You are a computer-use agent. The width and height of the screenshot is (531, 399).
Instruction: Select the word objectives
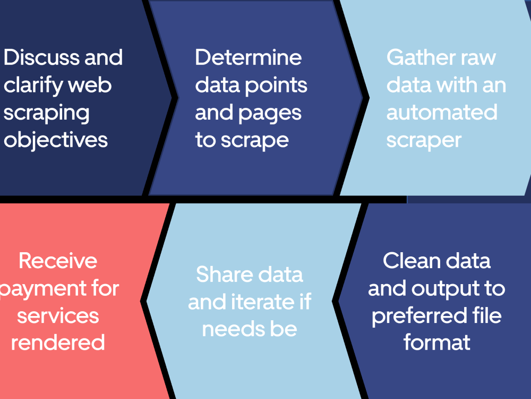[56, 140]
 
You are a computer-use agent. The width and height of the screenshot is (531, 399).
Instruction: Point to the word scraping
[47, 113]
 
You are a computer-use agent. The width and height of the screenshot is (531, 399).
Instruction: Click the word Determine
[249, 57]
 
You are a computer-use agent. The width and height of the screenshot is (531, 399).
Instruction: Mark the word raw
[482, 57]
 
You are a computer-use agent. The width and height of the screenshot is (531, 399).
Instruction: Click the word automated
[442, 112]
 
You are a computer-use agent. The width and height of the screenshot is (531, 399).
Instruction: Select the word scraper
[424, 140]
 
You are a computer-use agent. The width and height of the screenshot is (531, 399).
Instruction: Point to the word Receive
[58, 261]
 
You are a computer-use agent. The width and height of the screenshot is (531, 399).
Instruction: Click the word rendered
[58, 342]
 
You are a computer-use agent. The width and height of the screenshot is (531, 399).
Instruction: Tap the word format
[437, 342]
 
